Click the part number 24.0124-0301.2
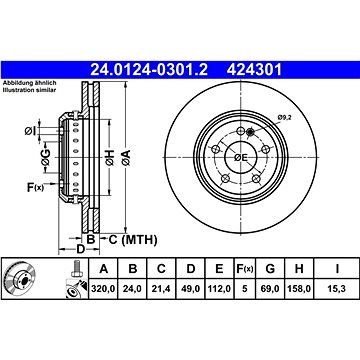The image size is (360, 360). click(x=149, y=70)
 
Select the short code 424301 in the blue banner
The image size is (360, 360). click(x=254, y=70)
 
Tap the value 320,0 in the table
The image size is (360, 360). click(x=103, y=289)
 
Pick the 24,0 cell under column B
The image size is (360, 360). click(x=133, y=289)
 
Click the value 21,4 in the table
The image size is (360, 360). click(x=161, y=289)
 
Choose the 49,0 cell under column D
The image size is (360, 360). click(x=190, y=289)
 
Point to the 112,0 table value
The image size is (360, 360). click(x=219, y=289)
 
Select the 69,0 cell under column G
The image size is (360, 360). click(x=270, y=289)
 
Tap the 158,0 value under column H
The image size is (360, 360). click(x=299, y=289)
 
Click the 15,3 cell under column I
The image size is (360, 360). click(x=337, y=289)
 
